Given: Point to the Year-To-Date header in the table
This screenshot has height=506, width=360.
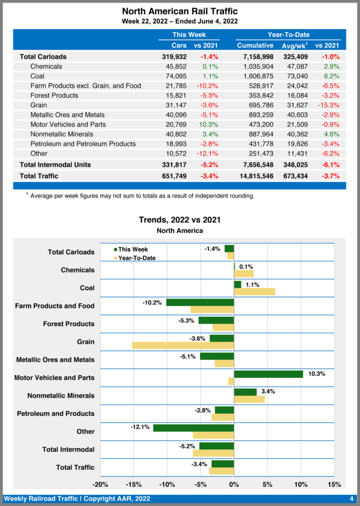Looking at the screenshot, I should [x=288, y=35].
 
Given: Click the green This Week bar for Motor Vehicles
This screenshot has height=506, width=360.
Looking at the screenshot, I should [x=269, y=374].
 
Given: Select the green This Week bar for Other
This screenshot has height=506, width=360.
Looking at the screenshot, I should [x=193, y=428].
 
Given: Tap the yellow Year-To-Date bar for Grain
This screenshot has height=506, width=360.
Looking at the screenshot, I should [x=183, y=345].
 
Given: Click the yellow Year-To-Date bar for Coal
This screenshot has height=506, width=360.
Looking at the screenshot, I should [x=254, y=292].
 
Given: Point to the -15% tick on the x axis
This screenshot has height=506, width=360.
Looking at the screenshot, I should [x=134, y=484].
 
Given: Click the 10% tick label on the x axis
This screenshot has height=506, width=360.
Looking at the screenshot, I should [x=301, y=484].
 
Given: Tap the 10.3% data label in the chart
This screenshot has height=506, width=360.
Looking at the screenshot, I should [x=316, y=374].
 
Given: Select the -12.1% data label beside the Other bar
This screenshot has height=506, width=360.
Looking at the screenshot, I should [x=140, y=427].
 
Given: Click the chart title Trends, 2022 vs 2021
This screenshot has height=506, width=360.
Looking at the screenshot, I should [x=180, y=219].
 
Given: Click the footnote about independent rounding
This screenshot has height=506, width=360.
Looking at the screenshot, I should [x=142, y=196].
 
